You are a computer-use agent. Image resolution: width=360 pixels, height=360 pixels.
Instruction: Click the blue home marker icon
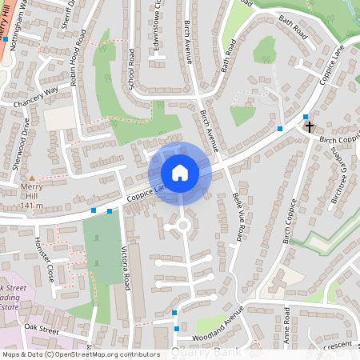click(x=180, y=173)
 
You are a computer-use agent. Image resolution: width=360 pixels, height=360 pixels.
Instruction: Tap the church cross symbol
click(x=310, y=126)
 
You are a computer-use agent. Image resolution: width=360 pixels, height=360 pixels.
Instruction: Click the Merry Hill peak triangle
click(x=31, y=178)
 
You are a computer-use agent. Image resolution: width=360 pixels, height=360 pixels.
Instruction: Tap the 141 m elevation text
click(x=31, y=206)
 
